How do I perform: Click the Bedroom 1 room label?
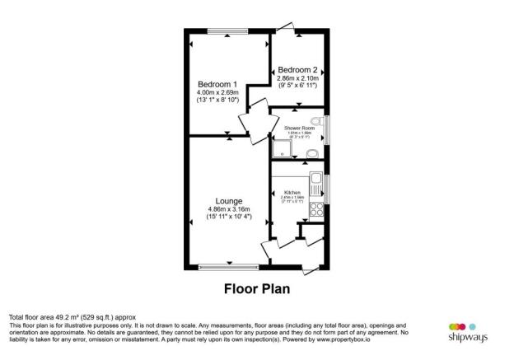[217, 84]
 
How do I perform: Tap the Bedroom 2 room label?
[297, 69]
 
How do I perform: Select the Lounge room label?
[229, 200]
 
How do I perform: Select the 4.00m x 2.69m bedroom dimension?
[217, 93]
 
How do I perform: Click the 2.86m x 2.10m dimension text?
[297, 77]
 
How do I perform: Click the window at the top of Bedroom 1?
[228, 31]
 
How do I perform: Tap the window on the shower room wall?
[328, 131]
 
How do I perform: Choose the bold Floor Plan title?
[257, 289]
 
